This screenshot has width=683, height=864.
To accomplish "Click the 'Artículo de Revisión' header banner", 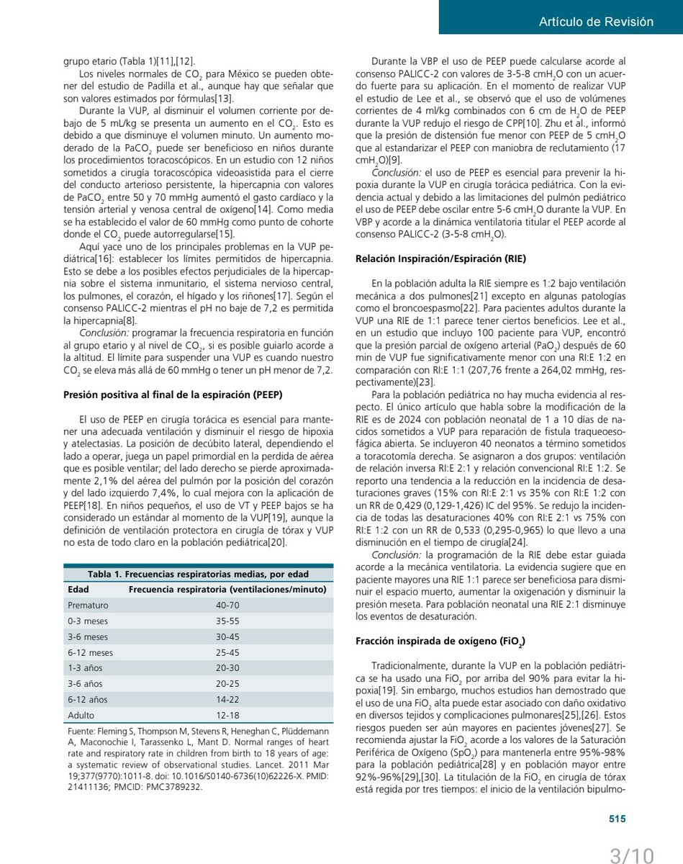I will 596,22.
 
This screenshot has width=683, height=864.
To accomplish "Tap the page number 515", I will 618,819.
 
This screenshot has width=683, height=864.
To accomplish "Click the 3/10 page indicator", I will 632,855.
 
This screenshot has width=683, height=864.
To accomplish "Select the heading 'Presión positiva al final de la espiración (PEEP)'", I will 173,394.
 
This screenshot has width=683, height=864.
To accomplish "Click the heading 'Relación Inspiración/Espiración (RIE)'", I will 440,258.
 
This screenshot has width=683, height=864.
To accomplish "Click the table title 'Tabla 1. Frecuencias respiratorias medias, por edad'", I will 198,574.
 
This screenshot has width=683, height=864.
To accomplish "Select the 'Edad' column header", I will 78,590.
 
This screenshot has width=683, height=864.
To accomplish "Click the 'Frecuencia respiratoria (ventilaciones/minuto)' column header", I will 227,590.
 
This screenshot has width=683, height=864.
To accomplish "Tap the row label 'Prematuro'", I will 87,606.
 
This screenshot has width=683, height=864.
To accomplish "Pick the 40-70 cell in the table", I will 227,606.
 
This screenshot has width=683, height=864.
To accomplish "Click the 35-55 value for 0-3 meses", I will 227,621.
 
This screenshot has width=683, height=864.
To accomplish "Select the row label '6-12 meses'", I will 90,652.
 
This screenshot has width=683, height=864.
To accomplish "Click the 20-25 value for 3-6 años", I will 227,684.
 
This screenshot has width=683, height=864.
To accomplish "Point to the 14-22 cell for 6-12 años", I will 227,700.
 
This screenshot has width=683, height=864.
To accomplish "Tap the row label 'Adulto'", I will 81,716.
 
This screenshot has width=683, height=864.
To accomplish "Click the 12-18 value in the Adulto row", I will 227,716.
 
